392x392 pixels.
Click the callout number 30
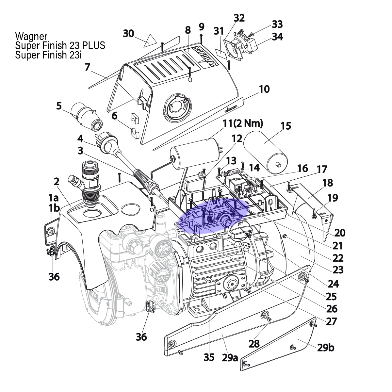point(128,34)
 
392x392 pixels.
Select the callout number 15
point(286,126)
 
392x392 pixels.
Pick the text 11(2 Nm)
point(243,124)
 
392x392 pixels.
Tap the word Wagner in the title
point(31,37)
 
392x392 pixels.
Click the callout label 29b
point(326,348)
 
